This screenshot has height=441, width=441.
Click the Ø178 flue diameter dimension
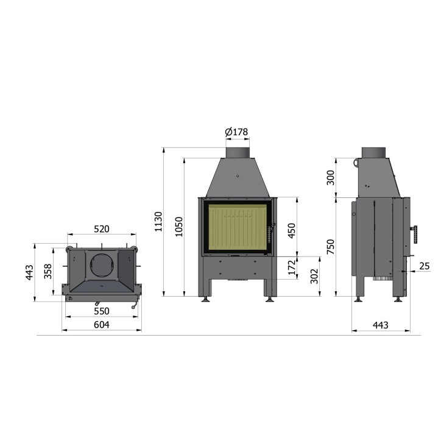pyautogui.click(x=236, y=132)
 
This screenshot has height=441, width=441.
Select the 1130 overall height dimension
pyautogui.click(x=158, y=222)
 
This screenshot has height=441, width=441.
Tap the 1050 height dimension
pyautogui.click(x=179, y=227)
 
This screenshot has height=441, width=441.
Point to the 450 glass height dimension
pyautogui.click(x=292, y=231)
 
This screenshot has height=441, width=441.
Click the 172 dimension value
pyautogui.click(x=292, y=267)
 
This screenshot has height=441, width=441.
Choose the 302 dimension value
pyautogui.click(x=314, y=276)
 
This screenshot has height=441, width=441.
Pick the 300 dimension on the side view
pyautogui.click(x=331, y=178)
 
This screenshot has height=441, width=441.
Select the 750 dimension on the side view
pyautogui.click(x=331, y=246)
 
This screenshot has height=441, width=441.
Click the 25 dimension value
pyautogui.click(x=425, y=266)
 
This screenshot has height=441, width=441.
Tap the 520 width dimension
pyautogui.click(x=102, y=229)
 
